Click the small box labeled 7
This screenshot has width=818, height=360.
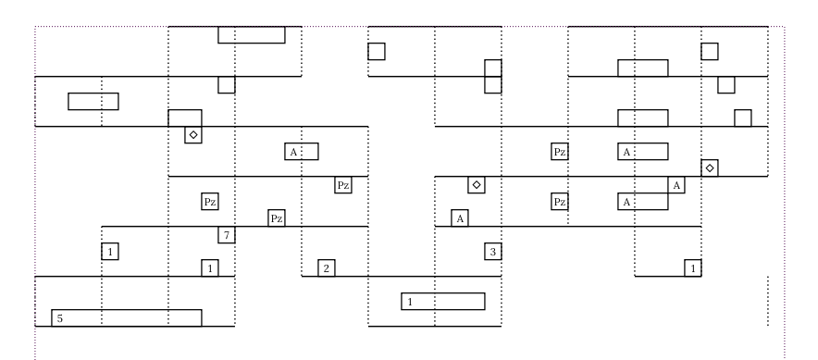click(227, 235)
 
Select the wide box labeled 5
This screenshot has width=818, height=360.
click(126, 317)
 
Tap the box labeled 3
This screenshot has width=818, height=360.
click(493, 251)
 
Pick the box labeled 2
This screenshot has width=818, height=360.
click(326, 267)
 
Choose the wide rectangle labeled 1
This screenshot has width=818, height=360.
click(443, 301)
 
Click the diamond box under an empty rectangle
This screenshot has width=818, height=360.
click(193, 134)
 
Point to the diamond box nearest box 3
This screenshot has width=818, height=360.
click(477, 184)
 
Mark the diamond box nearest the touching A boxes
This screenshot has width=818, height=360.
click(710, 168)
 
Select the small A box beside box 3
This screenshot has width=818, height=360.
click(460, 217)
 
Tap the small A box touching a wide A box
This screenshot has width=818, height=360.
click(676, 185)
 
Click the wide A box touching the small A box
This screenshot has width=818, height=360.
click(643, 201)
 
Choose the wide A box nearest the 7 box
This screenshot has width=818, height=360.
click(302, 151)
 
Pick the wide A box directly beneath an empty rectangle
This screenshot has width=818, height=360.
click(643, 151)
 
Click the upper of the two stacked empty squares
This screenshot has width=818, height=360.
click(493, 68)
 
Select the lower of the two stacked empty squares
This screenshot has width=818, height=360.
click(493, 84)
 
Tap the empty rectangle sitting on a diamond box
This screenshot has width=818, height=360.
click(185, 118)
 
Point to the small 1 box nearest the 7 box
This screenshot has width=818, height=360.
click(210, 267)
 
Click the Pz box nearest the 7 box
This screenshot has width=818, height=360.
click(276, 218)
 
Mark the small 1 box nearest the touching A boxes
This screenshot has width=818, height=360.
click(693, 267)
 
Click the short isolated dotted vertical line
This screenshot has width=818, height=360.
click(768, 301)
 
